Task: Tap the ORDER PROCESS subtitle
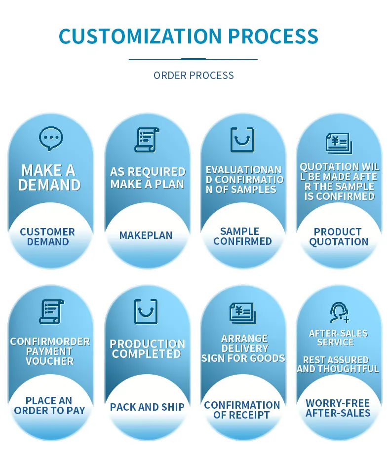click(x=194, y=76)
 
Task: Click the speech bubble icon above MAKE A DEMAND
click(x=51, y=138)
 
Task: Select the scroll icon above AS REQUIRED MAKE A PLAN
click(x=147, y=140)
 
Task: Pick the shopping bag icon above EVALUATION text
click(x=242, y=140)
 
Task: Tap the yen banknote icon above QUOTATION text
click(x=339, y=143)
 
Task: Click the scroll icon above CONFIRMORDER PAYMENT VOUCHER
click(x=51, y=311)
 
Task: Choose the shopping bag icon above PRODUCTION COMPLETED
click(x=146, y=311)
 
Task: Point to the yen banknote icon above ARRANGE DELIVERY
click(x=242, y=313)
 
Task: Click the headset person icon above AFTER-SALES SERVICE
click(x=339, y=312)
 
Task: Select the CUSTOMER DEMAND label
click(x=47, y=237)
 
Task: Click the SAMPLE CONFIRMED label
click(x=242, y=236)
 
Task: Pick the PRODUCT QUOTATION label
click(x=338, y=237)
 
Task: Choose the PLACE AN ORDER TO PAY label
click(x=49, y=406)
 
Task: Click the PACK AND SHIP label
click(x=147, y=407)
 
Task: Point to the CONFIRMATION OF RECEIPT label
click(x=242, y=410)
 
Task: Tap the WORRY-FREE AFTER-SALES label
click(x=338, y=408)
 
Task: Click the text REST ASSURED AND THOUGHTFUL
click(x=338, y=364)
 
